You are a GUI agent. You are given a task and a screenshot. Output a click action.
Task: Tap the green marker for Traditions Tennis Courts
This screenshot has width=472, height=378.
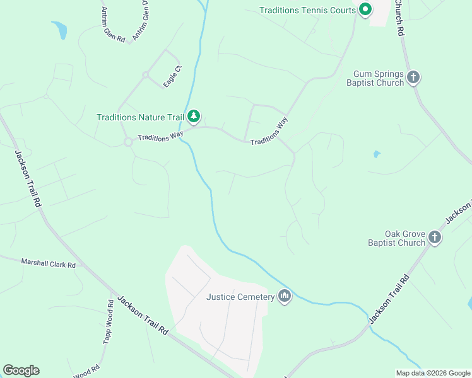pyautogui.click(x=365, y=9)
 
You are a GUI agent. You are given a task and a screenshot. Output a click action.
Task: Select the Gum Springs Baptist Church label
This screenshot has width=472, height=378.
pyautogui.click(x=375, y=79)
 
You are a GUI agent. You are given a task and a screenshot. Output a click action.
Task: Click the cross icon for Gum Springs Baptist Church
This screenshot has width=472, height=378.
pyautogui.click(x=413, y=77)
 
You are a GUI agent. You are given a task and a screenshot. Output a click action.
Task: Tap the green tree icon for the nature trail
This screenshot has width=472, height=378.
pyautogui.click(x=194, y=116)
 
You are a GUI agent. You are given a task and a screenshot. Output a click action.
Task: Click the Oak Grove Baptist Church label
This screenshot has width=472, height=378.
pyautogui.click(x=396, y=238)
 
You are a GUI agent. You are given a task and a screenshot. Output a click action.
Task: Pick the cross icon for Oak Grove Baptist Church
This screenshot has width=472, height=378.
pyautogui.click(x=434, y=237)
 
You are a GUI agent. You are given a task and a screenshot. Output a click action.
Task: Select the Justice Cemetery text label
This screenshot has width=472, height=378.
pyautogui.click(x=240, y=297)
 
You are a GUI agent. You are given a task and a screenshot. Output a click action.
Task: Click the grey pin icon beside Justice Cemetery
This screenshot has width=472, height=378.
pyautogui.click(x=285, y=296)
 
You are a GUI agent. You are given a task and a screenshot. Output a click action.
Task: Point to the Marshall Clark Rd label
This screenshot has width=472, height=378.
pyautogui.click(x=48, y=263)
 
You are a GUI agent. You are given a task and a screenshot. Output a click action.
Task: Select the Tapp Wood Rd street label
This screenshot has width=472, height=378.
pyautogui.click(x=109, y=321)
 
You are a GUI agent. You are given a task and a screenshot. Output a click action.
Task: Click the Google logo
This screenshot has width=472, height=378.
pyautogui.click(x=21, y=370)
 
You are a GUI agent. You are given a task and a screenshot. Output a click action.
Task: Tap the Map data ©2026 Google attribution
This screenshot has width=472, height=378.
pyautogui.click(x=433, y=373)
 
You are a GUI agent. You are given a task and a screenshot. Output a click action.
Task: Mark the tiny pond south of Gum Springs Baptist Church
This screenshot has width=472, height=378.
pyautogui.click(x=377, y=154)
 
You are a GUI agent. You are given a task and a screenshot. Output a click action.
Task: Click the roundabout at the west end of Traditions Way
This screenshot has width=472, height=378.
pyautogui.click(x=128, y=142)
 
